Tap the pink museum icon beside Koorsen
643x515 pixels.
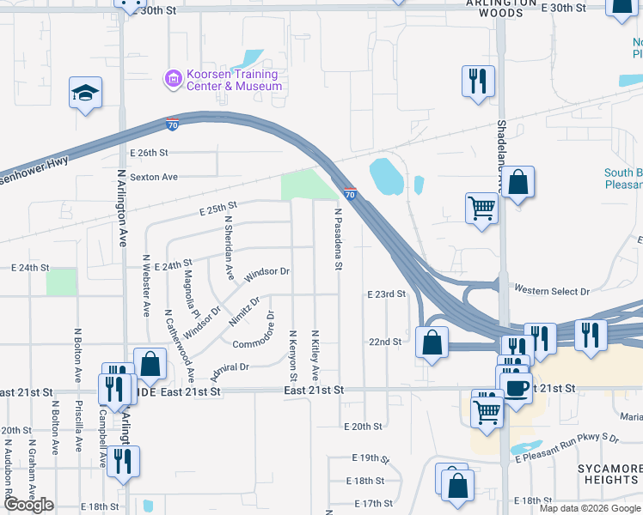(x=172, y=79)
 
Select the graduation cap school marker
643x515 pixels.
(x=85, y=92)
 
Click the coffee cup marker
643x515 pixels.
(x=516, y=387)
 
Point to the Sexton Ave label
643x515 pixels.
(x=153, y=177)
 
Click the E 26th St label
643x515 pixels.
(x=149, y=153)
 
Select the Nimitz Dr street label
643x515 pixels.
(x=244, y=313)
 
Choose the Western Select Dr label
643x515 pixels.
(x=551, y=292)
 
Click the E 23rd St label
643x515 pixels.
(x=385, y=294)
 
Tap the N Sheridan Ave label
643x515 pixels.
(x=229, y=247)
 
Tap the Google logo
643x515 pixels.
(x=28, y=505)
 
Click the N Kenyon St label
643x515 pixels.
(x=293, y=356)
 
